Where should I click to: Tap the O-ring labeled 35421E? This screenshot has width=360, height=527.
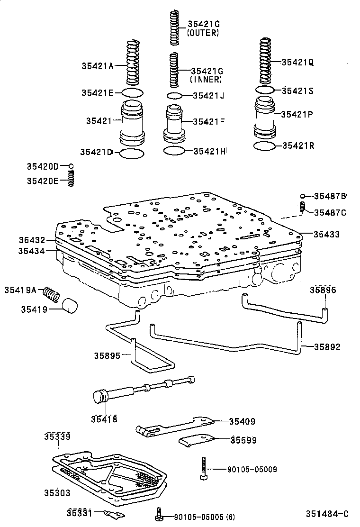click(x=132, y=92)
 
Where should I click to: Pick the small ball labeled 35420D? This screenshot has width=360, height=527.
click(x=71, y=166)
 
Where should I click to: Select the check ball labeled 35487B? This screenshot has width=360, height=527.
click(x=302, y=196)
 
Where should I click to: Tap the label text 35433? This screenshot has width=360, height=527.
click(x=326, y=234)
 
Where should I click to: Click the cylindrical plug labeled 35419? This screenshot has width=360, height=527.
click(x=70, y=306)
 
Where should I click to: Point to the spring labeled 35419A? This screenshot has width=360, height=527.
click(x=52, y=294)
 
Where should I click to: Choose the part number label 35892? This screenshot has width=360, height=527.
click(x=327, y=347)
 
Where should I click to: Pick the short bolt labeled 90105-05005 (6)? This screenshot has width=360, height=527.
click(x=160, y=514)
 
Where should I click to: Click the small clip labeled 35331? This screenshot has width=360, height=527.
click(x=114, y=514)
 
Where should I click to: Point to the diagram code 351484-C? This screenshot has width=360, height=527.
click(x=327, y=514)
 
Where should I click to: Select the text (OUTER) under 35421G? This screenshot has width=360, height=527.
click(x=203, y=33)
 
